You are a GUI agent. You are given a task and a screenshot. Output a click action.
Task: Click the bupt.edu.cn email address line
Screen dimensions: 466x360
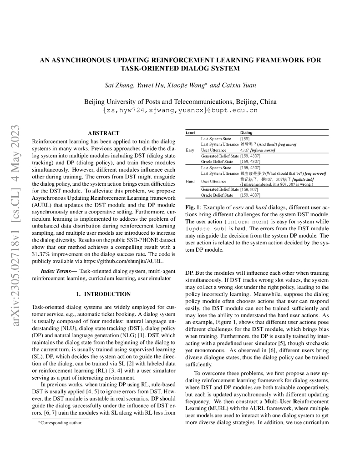pyautogui.click(x=180, y=110)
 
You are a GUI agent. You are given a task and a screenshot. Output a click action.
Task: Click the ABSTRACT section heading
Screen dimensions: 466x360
pyautogui.click(x=103, y=133)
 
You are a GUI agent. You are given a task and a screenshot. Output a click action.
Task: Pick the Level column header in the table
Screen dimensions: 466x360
pyautogui.click(x=190, y=132)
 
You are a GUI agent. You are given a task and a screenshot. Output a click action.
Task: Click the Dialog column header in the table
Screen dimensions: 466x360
pyautogui.click(x=246, y=132)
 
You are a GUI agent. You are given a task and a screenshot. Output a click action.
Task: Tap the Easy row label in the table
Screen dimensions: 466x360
pyautogui.click(x=190, y=150)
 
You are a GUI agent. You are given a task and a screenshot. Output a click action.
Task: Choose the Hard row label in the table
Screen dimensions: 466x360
pyautogui.click(x=190, y=181)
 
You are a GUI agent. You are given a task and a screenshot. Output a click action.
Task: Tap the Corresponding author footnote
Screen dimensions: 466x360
pyautogui.click(x=60, y=423)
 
